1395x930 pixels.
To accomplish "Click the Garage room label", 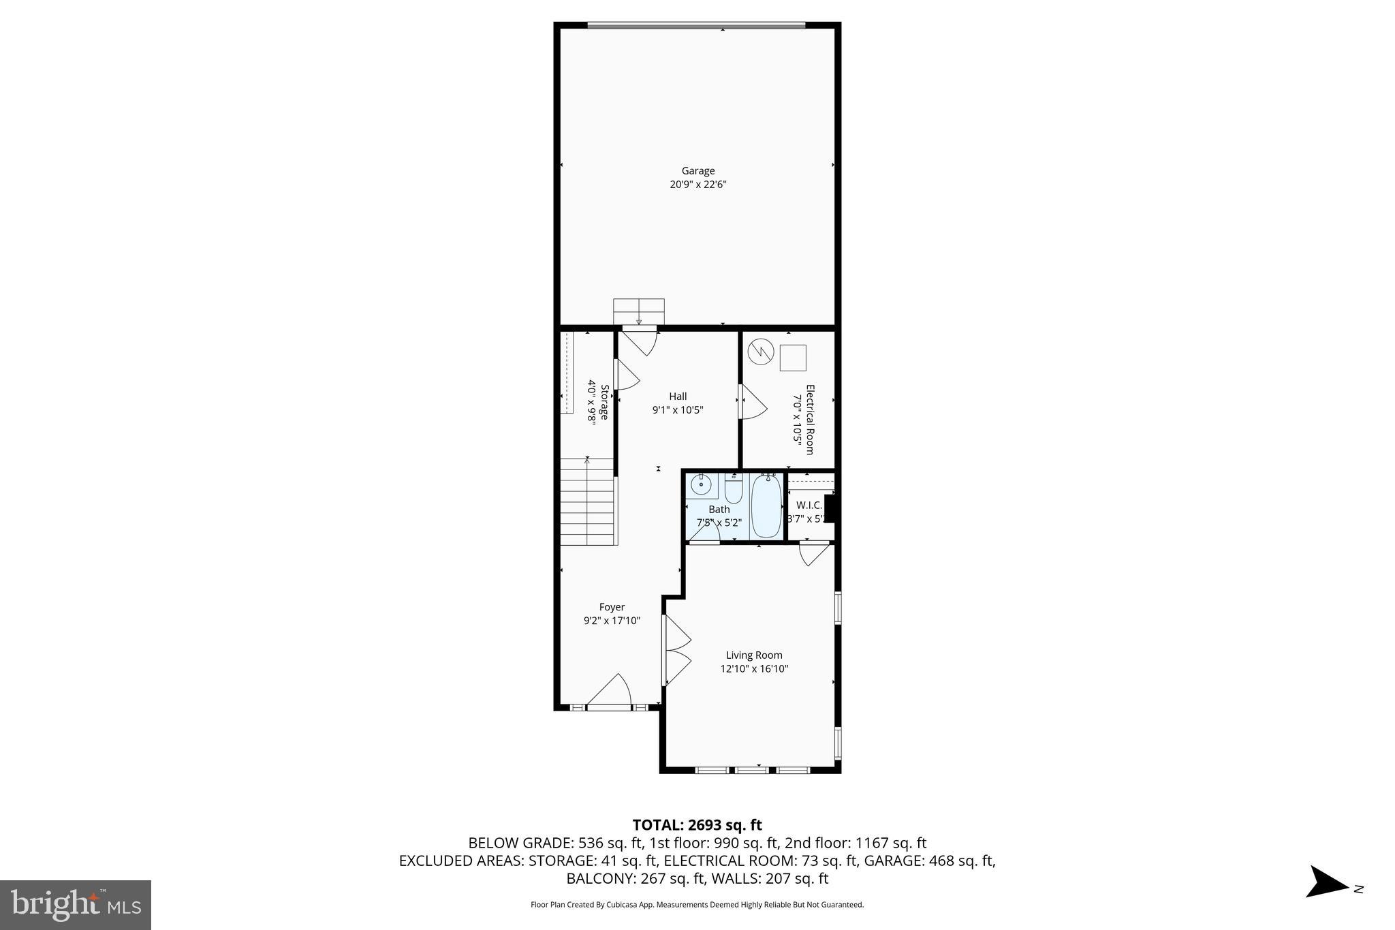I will tap(697, 171).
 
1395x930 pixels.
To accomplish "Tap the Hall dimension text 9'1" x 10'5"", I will tap(677, 410).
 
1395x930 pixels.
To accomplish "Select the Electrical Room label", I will tap(810, 419).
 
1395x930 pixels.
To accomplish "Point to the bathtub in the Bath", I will tap(766, 506).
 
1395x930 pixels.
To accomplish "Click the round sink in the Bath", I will tap(700, 485).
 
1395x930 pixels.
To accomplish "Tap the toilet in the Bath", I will tap(733, 489).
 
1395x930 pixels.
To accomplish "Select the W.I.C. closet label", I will tap(809, 505).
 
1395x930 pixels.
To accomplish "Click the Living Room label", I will tap(753, 655).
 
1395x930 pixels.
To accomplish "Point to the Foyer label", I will tap(611, 607).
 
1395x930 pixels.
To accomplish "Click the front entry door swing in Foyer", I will tap(611, 692).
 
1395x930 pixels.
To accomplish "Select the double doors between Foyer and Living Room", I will tap(677, 650).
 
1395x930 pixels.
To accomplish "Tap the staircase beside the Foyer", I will tap(588, 502).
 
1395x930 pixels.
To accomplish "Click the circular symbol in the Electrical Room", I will tap(760, 352).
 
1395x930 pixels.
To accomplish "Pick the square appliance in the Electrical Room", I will tap(792, 358).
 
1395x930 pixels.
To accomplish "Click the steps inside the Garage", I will tap(638, 311).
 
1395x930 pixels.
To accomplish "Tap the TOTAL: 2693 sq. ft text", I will tap(697, 825).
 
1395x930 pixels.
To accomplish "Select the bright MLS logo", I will tap(76, 905).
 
